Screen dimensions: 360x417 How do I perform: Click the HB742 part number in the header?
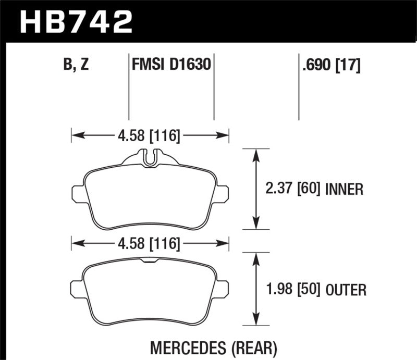(x=75, y=21)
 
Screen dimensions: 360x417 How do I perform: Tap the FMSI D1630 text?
(x=171, y=66)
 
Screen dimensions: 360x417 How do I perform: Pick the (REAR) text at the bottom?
(x=254, y=347)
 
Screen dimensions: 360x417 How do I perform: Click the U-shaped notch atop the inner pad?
(x=150, y=157)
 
